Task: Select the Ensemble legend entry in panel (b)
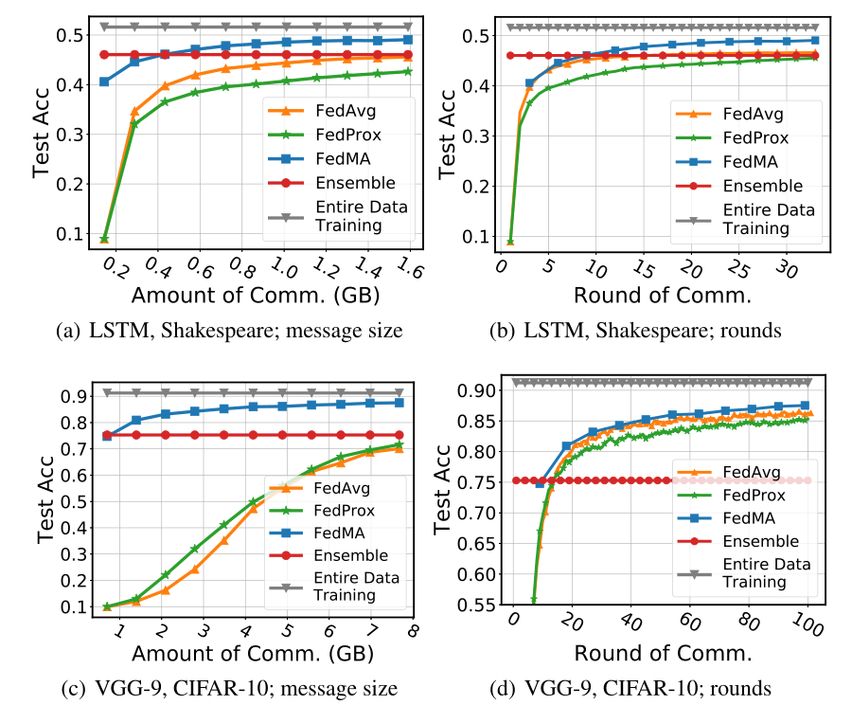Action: click(762, 186)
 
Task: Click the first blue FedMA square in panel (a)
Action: click(104, 81)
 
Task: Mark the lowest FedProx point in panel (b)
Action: click(510, 242)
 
